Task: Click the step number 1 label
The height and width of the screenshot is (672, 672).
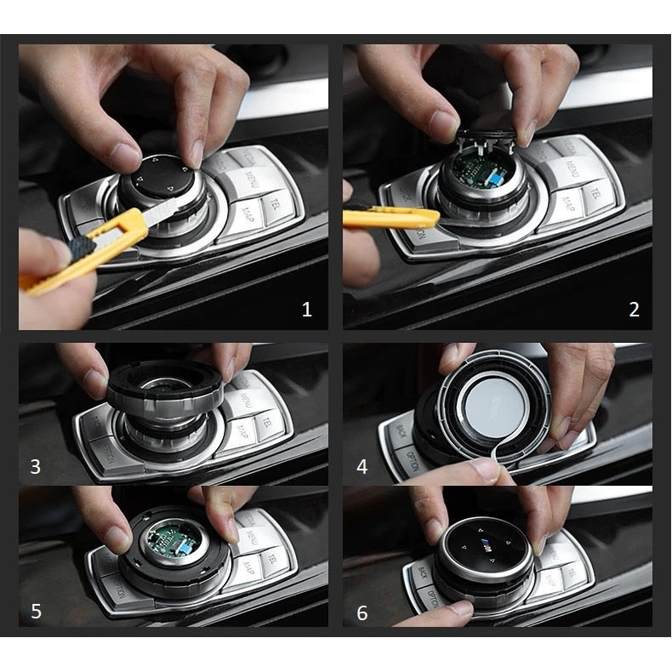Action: (307, 309)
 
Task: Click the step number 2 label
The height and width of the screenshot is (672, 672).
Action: (633, 309)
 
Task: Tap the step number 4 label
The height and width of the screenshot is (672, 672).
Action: (362, 466)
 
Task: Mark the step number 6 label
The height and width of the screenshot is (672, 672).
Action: (362, 612)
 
